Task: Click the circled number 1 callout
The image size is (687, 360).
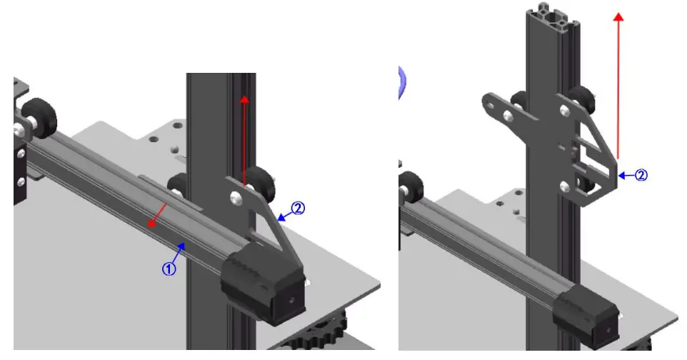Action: tap(169, 269)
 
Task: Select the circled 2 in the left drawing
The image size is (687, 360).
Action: tap(298, 209)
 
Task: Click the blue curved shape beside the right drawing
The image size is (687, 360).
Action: tap(402, 81)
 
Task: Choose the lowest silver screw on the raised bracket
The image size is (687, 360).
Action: tap(566, 186)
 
